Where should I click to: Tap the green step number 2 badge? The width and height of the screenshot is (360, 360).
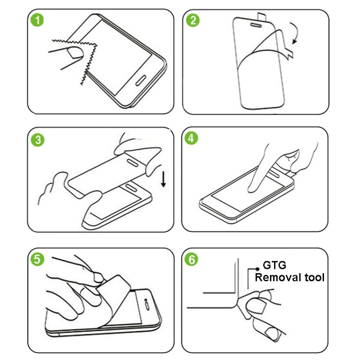pyautogui.click(x=193, y=21)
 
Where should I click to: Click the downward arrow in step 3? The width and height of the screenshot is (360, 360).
pyautogui.click(x=163, y=180)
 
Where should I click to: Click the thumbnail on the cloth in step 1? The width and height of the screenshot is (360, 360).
pyautogui.click(x=74, y=52)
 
